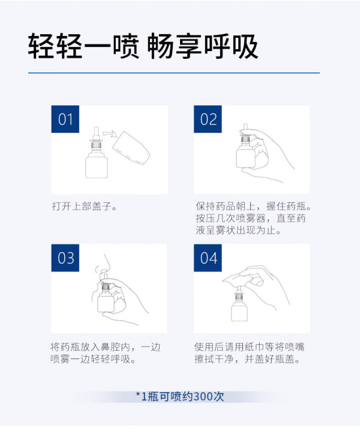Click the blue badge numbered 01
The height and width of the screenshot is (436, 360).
click(x=65, y=119)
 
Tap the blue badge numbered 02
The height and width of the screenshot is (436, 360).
click(x=208, y=119)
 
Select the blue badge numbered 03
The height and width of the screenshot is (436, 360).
click(x=65, y=258)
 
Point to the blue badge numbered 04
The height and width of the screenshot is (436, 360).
click(x=208, y=258)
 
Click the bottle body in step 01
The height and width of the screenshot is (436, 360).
click(x=97, y=165)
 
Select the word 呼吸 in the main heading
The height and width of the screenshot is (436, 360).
click(x=232, y=47)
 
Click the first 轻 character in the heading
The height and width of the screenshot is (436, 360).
click(x=41, y=47)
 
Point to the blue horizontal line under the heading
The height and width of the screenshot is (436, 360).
click(x=174, y=73)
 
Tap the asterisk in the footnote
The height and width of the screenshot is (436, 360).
click(x=138, y=395)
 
